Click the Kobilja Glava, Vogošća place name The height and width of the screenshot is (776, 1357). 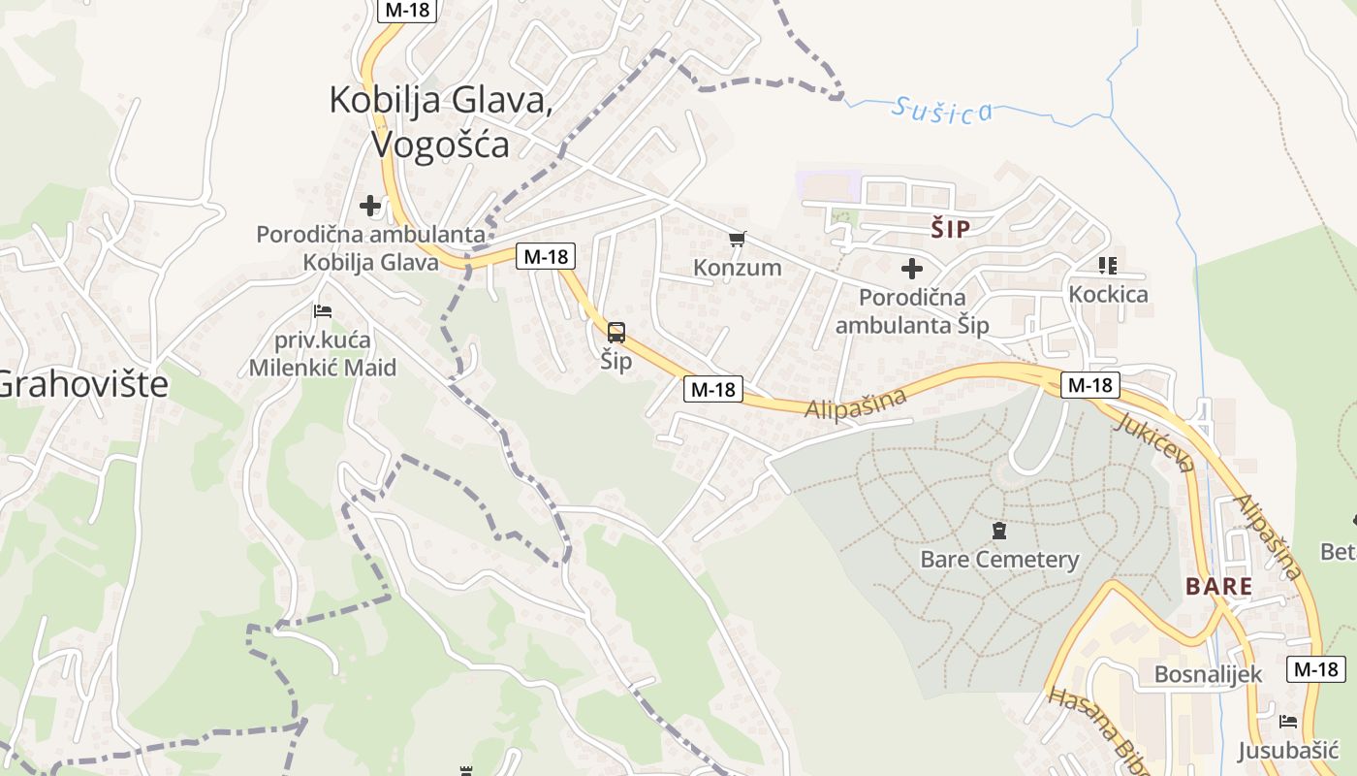pyautogui.click(x=441, y=121)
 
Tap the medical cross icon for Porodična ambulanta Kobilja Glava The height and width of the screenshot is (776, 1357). pyautogui.click(x=369, y=206)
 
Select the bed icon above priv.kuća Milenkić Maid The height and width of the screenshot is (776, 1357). pyautogui.click(x=323, y=311)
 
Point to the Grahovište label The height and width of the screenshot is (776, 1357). pyautogui.click(x=82, y=385)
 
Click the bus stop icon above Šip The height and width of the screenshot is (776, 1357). pyautogui.click(x=616, y=333)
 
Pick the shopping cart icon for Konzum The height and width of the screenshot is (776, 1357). pyautogui.click(x=738, y=239)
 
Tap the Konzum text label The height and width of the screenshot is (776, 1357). pyautogui.click(x=738, y=267)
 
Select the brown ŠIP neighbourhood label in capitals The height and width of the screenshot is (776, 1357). pyautogui.click(x=950, y=229)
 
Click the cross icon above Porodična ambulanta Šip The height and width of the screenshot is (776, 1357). pyautogui.click(x=911, y=269)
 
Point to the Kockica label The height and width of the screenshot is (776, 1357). pyautogui.click(x=1108, y=294)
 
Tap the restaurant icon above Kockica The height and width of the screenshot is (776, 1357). pyautogui.click(x=1108, y=265)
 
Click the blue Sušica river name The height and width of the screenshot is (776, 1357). pyautogui.click(x=943, y=110)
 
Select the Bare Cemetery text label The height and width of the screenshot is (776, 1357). pyautogui.click(x=999, y=560)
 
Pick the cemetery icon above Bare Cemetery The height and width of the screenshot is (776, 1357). pyautogui.click(x=999, y=531)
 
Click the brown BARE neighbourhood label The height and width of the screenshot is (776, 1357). pyautogui.click(x=1218, y=587)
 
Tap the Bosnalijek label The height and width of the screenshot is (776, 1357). pyautogui.click(x=1208, y=674)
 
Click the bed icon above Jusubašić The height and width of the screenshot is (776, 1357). pyautogui.click(x=1288, y=722)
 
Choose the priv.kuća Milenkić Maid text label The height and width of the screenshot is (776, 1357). pyautogui.click(x=323, y=354)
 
